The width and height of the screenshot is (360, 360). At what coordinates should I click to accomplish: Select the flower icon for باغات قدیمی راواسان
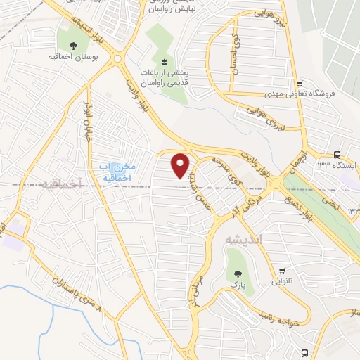(x=164, y=61)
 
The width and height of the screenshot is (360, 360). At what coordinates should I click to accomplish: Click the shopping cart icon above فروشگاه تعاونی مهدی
(x=300, y=82)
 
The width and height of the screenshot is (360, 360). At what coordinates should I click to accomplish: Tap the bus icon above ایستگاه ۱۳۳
(x=337, y=155)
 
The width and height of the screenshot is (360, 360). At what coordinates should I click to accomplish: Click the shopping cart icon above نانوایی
(x=283, y=270)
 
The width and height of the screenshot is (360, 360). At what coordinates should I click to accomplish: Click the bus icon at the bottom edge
(x=304, y=352)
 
